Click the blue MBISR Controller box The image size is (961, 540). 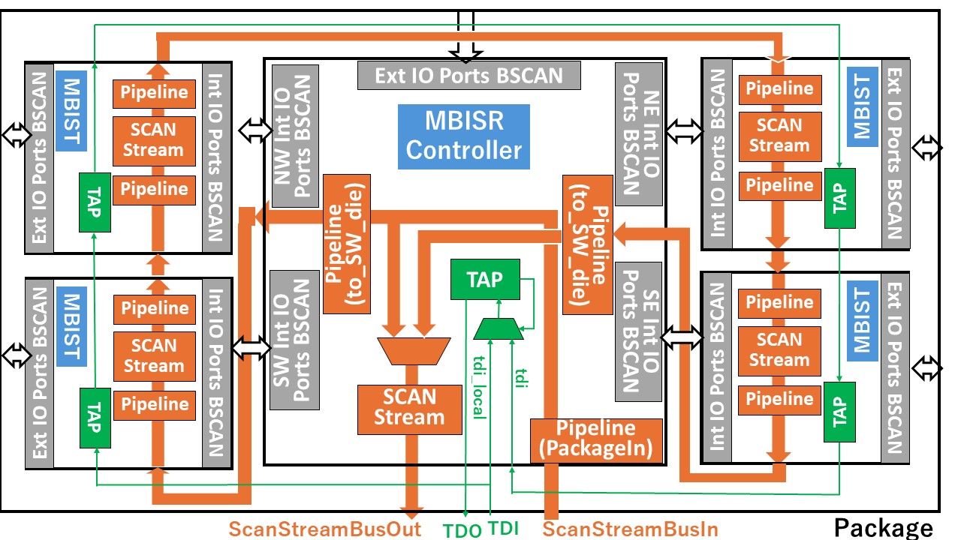click(464, 136)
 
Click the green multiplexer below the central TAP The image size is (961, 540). click(499, 328)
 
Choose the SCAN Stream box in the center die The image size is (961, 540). click(409, 407)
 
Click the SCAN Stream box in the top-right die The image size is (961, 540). click(779, 136)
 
